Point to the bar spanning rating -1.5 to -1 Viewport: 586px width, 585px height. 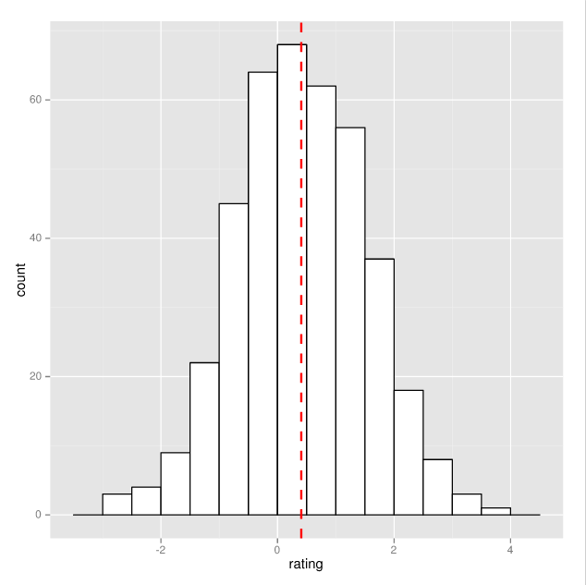point(204,438)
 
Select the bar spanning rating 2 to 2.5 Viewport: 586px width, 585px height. point(409,452)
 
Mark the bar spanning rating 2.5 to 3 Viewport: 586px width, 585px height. point(438,487)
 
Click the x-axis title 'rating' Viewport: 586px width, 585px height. point(305,564)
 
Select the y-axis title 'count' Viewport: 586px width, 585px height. point(20,279)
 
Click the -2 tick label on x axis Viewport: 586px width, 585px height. point(160,548)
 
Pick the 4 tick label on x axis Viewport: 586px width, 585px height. point(510,548)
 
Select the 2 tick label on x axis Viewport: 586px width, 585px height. point(394,548)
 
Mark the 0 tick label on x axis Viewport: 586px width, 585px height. point(277,548)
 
